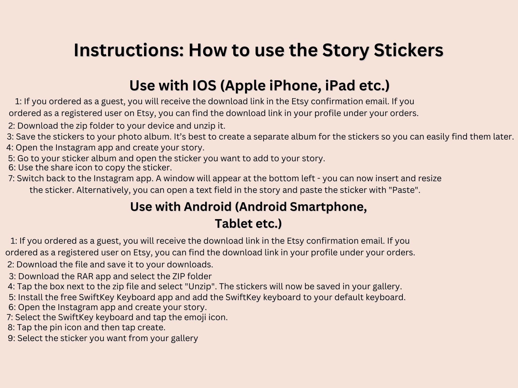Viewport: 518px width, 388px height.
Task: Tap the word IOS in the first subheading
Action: tap(204, 86)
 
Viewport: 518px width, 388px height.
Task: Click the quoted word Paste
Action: tap(404, 190)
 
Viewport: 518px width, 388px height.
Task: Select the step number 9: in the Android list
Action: tap(12, 338)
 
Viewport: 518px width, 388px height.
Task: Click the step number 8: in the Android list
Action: tap(11, 327)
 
